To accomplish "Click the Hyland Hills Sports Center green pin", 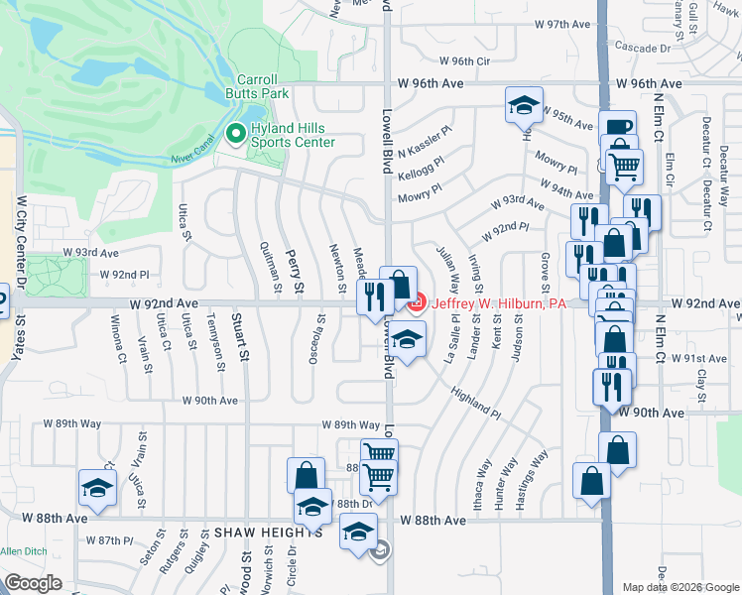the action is (236, 133).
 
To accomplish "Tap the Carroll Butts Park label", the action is (263, 86).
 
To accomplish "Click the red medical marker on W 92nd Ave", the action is (417, 301).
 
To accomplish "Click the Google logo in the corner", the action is (34, 582).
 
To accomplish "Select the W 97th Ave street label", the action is (561, 24).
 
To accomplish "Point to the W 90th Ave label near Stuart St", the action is (210, 401).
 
